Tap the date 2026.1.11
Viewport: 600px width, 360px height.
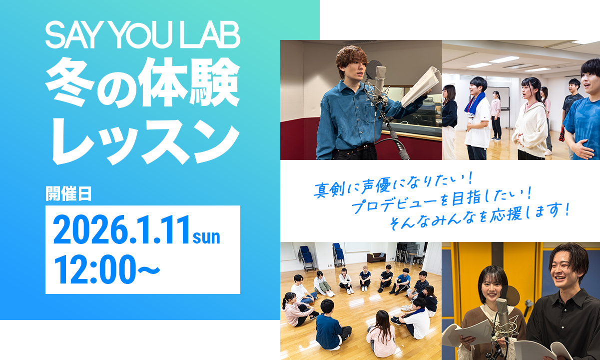(122, 229)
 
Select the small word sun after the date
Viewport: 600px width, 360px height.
(206, 236)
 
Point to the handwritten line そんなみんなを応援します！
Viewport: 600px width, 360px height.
(479, 215)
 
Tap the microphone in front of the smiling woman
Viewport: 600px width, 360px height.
(501, 312)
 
